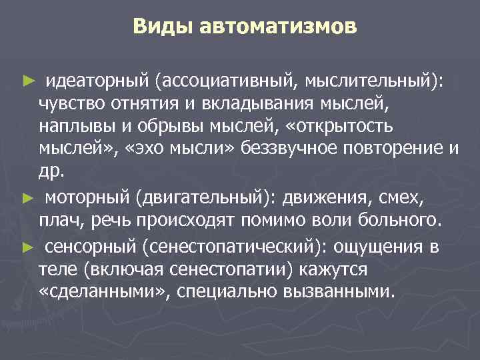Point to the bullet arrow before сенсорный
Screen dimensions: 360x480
click(x=27, y=247)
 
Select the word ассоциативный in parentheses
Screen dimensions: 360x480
click(x=227, y=81)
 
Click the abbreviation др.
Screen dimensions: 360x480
click(x=52, y=172)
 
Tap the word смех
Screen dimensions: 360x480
click(x=405, y=199)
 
